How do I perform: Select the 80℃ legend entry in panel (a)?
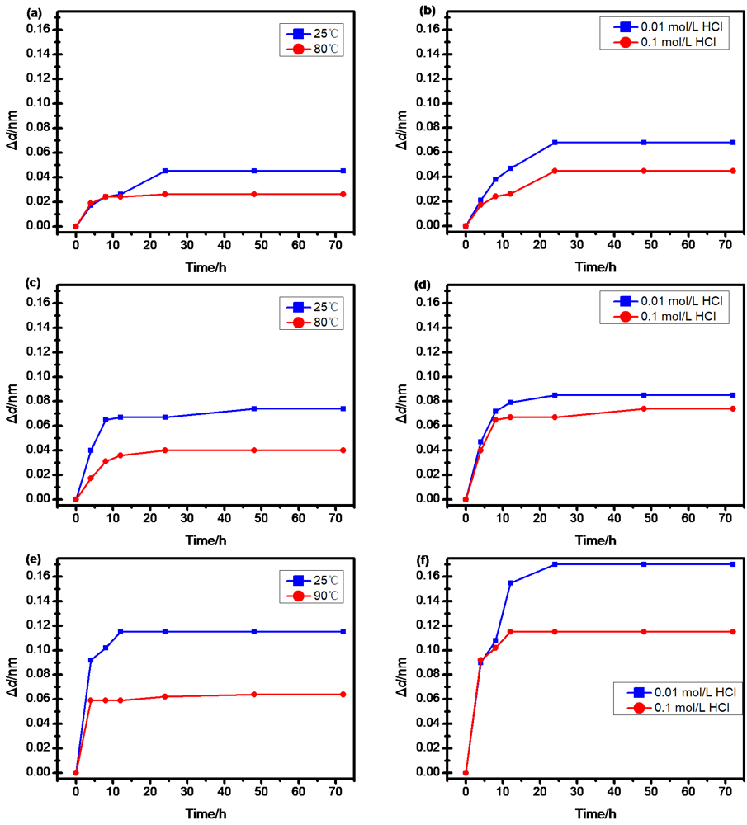[x=314, y=49]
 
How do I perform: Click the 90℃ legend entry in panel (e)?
[x=314, y=596]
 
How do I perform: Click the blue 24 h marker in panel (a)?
[x=165, y=171]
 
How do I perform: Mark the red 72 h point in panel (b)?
[x=733, y=171]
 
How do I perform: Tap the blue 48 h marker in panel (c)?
[x=254, y=408]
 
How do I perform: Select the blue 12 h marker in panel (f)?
[x=510, y=583]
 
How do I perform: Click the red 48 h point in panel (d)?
[x=644, y=408]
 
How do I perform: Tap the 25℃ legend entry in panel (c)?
[x=314, y=306]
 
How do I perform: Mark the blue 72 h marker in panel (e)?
[x=343, y=632]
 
